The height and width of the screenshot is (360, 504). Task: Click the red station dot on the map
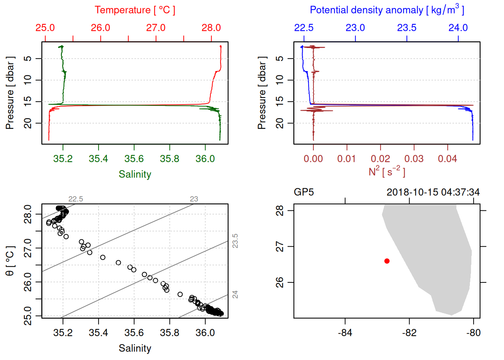(387, 261)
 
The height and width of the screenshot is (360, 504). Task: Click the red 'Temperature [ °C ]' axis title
(135, 10)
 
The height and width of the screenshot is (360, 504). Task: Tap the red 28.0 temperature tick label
(211, 28)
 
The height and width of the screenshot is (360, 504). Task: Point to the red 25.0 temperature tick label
(45, 28)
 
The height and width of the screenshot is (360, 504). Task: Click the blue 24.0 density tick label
(458, 28)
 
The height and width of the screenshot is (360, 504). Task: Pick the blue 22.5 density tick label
(304, 28)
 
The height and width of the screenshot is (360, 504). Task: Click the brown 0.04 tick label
(447, 159)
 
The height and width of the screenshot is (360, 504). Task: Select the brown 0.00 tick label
(313, 159)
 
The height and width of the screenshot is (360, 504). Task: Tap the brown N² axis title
(387, 172)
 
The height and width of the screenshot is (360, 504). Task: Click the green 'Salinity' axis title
(135, 174)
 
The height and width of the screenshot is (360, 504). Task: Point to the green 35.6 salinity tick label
(134, 159)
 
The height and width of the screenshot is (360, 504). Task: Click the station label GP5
(304, 192)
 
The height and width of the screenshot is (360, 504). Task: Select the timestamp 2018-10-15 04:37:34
(433, 192)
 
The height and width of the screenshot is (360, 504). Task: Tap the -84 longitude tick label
(345, 333)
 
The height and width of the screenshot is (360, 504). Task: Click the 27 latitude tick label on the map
(280, 247)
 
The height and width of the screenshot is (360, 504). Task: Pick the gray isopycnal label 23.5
(235, 241)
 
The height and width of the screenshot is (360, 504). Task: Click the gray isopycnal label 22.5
(75, 199)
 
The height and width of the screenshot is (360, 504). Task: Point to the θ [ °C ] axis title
(10, 261)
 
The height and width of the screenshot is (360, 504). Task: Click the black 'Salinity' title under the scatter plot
(135, 348)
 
